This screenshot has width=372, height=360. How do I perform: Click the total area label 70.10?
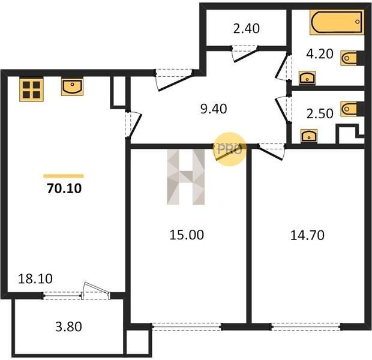(64, 188)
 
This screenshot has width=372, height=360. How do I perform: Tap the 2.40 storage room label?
(246, 28)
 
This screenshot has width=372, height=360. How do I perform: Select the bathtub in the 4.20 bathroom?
(337, 22)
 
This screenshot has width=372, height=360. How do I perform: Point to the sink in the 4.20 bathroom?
(307, 77)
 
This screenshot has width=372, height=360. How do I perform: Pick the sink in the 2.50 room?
(308, 136)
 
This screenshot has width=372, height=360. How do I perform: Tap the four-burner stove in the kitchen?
(31, 90)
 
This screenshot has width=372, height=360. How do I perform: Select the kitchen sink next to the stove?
(72, 86)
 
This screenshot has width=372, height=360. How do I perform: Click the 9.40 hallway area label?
(214, 109)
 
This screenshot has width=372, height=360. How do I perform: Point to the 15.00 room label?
(187, 235)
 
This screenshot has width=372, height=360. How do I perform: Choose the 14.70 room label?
(307, 235)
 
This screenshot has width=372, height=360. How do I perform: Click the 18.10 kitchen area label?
(35, 279)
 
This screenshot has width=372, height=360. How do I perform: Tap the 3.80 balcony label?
(68, 326)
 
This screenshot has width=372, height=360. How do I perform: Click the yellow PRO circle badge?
(230, 149)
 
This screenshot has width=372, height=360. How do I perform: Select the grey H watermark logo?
(186, 177)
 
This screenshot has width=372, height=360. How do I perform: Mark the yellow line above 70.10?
(64, 176)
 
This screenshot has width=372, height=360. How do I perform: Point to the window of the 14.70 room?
(306, 327)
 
